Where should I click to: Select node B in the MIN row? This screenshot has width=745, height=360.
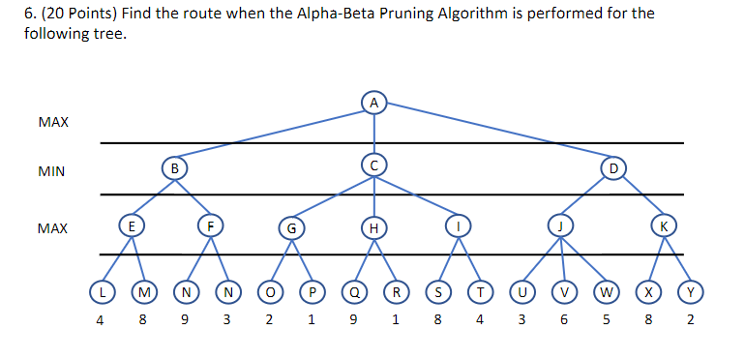(174, 167)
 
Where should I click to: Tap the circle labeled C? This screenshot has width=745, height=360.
(373, 165)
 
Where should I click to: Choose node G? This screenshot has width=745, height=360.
(288, 228)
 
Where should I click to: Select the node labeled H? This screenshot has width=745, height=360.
(372, 227)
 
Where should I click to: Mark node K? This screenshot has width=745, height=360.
(663, 226)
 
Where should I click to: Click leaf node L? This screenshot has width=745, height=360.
(101, 289)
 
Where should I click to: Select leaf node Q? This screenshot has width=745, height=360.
(355, 290)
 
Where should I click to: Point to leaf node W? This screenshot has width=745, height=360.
(605, 289)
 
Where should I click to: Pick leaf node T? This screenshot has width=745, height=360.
(479, 289)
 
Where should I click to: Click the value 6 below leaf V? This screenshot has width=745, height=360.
(563, 320)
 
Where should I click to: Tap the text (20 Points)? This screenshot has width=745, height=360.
(65, 15)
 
